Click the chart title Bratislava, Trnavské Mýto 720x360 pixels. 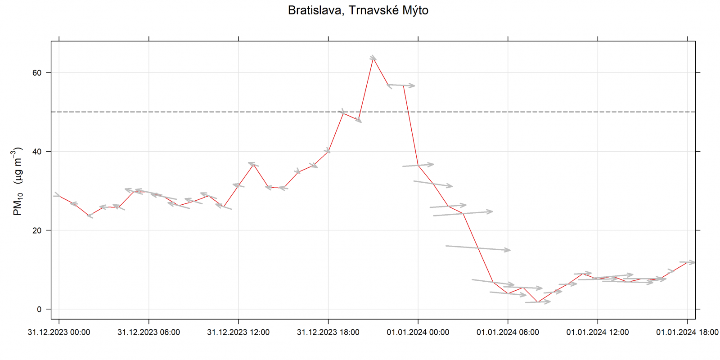point(358,10)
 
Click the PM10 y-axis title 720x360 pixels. point(18,181)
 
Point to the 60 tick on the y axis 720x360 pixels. point(37,73)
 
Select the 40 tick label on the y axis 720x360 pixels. point(37,152)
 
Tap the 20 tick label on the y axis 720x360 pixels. point(37,230)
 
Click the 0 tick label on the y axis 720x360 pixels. point(39,309)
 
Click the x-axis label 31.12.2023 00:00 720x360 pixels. point(59,333)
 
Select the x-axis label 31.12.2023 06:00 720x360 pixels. point(148,333)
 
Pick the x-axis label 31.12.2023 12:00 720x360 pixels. point(238,333)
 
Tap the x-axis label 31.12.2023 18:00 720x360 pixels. point(328,333)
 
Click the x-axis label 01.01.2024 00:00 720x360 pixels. point(418,333)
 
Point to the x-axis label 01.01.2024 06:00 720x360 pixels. point(508,333)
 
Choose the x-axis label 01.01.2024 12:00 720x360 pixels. point(598,333)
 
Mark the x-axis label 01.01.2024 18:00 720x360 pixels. point(687,333)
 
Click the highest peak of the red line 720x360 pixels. point(373,58)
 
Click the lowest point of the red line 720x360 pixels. point(538,302)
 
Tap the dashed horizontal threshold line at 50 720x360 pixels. point(270,112)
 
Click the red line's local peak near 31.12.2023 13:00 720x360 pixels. point(253,164)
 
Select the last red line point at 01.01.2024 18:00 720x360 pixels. point(687,262)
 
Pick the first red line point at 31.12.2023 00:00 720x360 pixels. point(59,196)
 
